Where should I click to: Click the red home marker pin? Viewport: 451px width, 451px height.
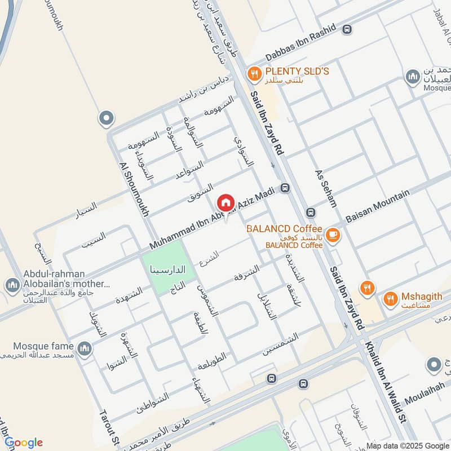pos(225,202)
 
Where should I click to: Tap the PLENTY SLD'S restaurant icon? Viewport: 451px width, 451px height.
pos(255,73)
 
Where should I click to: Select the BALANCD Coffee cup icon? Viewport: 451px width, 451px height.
pos(333,235)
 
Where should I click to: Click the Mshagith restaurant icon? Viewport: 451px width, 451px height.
pos(390,299)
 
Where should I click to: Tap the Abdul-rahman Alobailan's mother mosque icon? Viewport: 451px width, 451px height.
pos(12,286)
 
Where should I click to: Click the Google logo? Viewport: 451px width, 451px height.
pos(24,443)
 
